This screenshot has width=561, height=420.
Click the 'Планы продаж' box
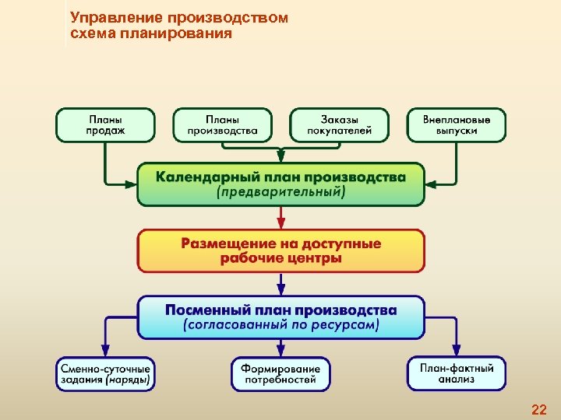(x=105, y=125)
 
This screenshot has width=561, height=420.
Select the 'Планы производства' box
(x=222, y=125)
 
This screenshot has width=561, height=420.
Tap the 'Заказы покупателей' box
(x=340, y=125)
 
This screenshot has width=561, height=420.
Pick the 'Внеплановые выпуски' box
(x=457, y=125)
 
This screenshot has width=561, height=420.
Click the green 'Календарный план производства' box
(x=281, y=184)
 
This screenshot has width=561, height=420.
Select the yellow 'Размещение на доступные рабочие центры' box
(x=281, y=250)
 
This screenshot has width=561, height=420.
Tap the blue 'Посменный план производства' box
(x=281, y=317)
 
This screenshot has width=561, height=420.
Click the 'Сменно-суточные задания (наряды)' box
(x=105, y=373)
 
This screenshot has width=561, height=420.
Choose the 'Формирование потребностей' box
(x=280, y=373)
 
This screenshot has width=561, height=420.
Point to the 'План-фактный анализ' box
(x=457, y=373)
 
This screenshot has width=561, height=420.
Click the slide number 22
(x=538, y=410)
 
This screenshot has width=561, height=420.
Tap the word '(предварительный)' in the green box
(x=281, y=192)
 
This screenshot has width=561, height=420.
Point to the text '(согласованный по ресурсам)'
(x=281, y=326)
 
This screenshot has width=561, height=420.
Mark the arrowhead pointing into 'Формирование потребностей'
(x=280, y=352)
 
